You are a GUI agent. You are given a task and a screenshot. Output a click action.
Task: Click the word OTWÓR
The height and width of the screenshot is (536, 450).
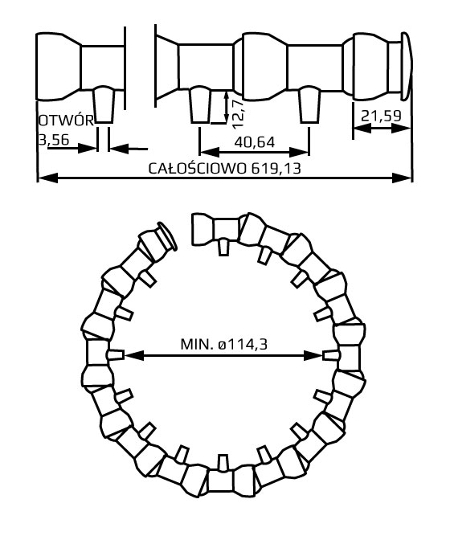coord(66,121)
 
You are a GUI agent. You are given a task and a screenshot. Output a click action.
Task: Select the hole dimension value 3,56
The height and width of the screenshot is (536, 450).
coord(53,139)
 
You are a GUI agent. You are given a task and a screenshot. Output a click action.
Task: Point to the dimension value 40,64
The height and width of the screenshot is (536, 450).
coord(255,141)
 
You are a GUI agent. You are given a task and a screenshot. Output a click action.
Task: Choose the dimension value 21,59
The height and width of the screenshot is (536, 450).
coord(382,117)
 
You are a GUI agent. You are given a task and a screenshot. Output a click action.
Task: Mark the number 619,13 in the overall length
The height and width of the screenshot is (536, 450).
coord(274,169)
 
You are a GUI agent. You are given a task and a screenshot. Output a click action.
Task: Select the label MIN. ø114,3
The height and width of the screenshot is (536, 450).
coord(223,345)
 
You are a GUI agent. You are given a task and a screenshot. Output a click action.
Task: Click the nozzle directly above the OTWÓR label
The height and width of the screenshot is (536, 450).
coord(104,104)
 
